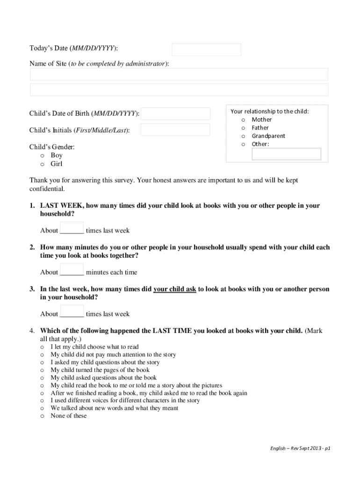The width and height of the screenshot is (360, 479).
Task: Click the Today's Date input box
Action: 206,50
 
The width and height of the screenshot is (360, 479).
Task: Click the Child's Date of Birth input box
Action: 175,114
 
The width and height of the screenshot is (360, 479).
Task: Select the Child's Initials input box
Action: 175,130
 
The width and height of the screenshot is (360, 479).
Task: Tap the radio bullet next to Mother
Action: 243,120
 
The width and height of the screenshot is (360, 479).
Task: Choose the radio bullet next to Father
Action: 243,128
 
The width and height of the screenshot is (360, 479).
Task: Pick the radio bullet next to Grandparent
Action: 243,136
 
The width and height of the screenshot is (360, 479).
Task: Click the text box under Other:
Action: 286,154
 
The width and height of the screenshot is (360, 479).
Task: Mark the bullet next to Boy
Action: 42,156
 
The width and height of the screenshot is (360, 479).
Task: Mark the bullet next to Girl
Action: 42,164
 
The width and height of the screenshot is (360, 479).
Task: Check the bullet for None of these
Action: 42,416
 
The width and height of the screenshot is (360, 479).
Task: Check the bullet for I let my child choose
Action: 42,348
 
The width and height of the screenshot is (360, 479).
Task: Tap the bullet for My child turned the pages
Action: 42,370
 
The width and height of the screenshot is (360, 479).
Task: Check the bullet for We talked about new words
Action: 42,409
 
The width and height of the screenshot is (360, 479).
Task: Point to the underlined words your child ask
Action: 175,290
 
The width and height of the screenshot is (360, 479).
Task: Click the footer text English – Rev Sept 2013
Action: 300,448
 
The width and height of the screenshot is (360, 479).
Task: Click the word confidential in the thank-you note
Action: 47,189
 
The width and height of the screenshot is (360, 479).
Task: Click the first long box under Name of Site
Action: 179,74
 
